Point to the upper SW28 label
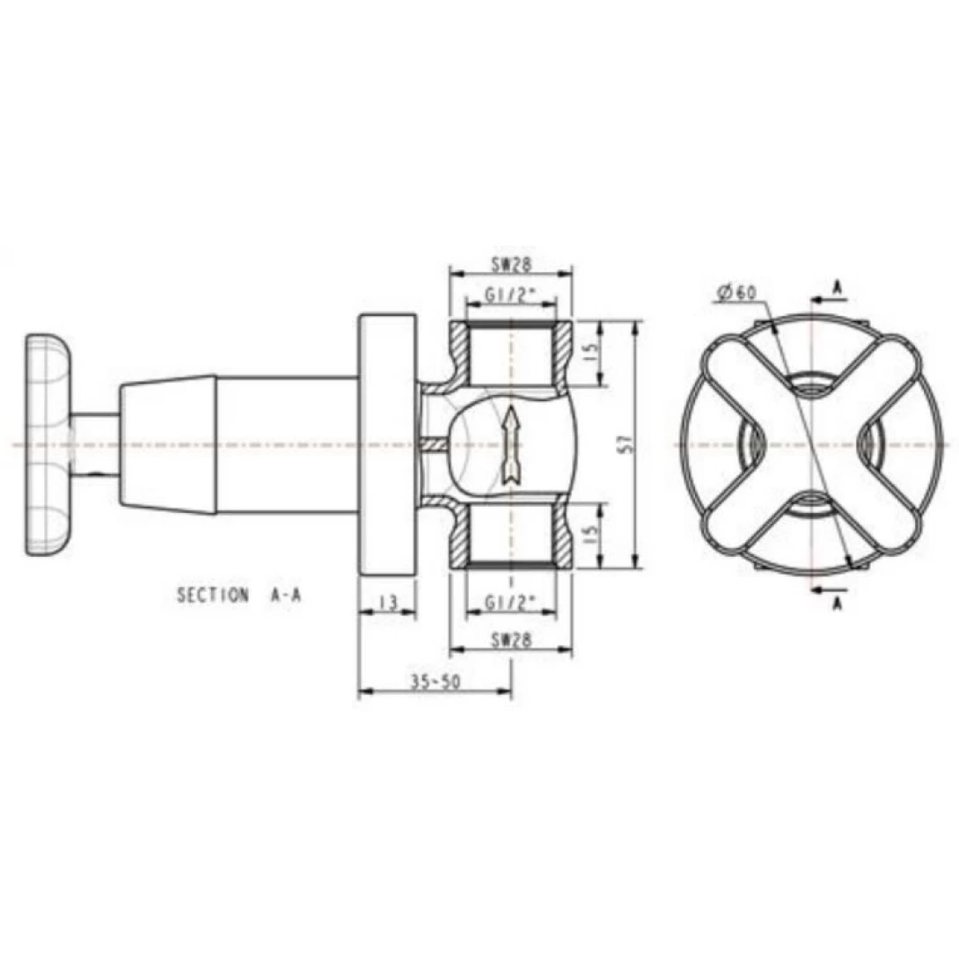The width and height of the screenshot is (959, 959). [x=510, y=263]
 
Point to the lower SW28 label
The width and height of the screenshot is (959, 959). [x=510, y=641]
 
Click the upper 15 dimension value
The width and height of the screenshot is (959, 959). [x=591, y=354]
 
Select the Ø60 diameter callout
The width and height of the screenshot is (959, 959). [x=736, y=293]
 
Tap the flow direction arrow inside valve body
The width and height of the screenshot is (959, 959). [x=509, y=444]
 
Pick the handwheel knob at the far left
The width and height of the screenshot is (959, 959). [x=48, y=444]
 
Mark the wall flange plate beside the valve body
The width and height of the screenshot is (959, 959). [x=386, y=444]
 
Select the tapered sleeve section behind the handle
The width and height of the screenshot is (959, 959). [x=167, y=444]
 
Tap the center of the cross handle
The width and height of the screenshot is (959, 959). [x=809, y=444]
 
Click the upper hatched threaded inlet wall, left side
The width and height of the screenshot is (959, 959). [x=458, y=352]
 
